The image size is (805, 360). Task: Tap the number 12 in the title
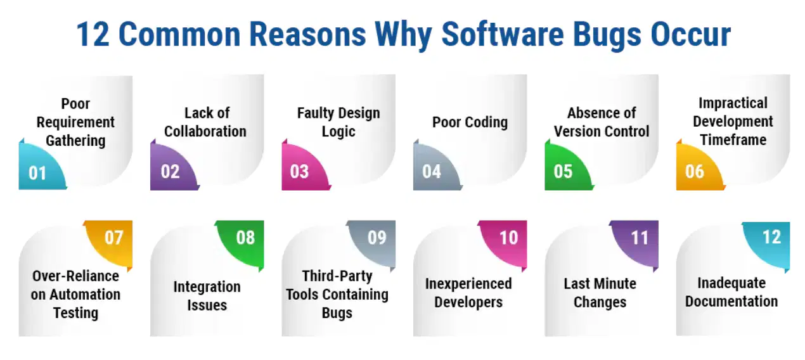93,34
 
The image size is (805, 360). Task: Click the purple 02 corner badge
172,168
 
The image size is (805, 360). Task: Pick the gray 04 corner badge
435,168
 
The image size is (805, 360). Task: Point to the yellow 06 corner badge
698,168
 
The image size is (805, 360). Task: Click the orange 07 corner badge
112,241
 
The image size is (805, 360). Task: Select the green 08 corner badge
243,241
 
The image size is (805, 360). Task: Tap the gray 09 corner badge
375,241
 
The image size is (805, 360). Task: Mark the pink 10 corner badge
506,241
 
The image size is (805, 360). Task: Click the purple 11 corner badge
638,241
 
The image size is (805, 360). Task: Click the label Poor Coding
470,122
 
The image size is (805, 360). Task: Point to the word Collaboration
205,131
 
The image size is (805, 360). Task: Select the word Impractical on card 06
733,103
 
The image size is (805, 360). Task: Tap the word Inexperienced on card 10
468,284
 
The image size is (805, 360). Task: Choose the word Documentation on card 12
731,301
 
